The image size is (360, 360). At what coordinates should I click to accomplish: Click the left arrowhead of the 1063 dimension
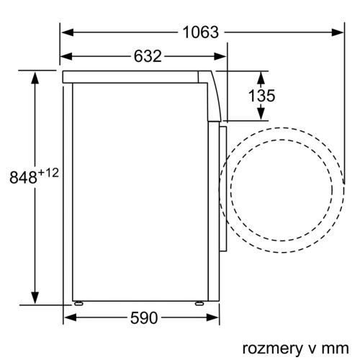pos(65,32)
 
